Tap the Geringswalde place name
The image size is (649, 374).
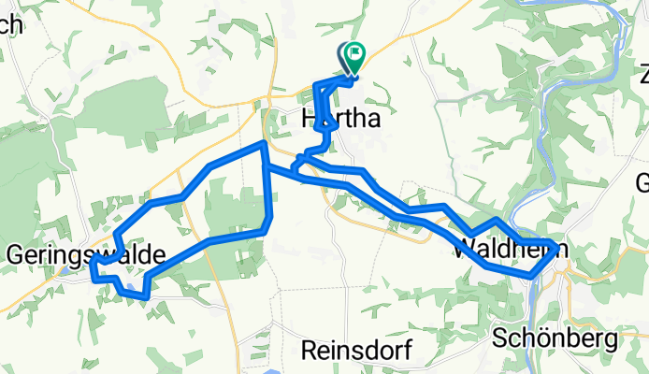click(x=86, y=254)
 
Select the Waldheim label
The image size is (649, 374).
click(x=509, y=250)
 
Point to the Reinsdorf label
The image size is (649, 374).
click(x=356, y=350)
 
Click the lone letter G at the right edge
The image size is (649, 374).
click(x=642, y=181)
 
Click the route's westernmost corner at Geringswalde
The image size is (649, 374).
click(x=93, y=270)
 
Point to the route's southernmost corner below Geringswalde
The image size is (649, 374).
click(x=146, y=296)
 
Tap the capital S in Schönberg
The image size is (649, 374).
click(x=498, y=337)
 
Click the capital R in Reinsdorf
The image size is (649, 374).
click(x=310, y=350)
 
